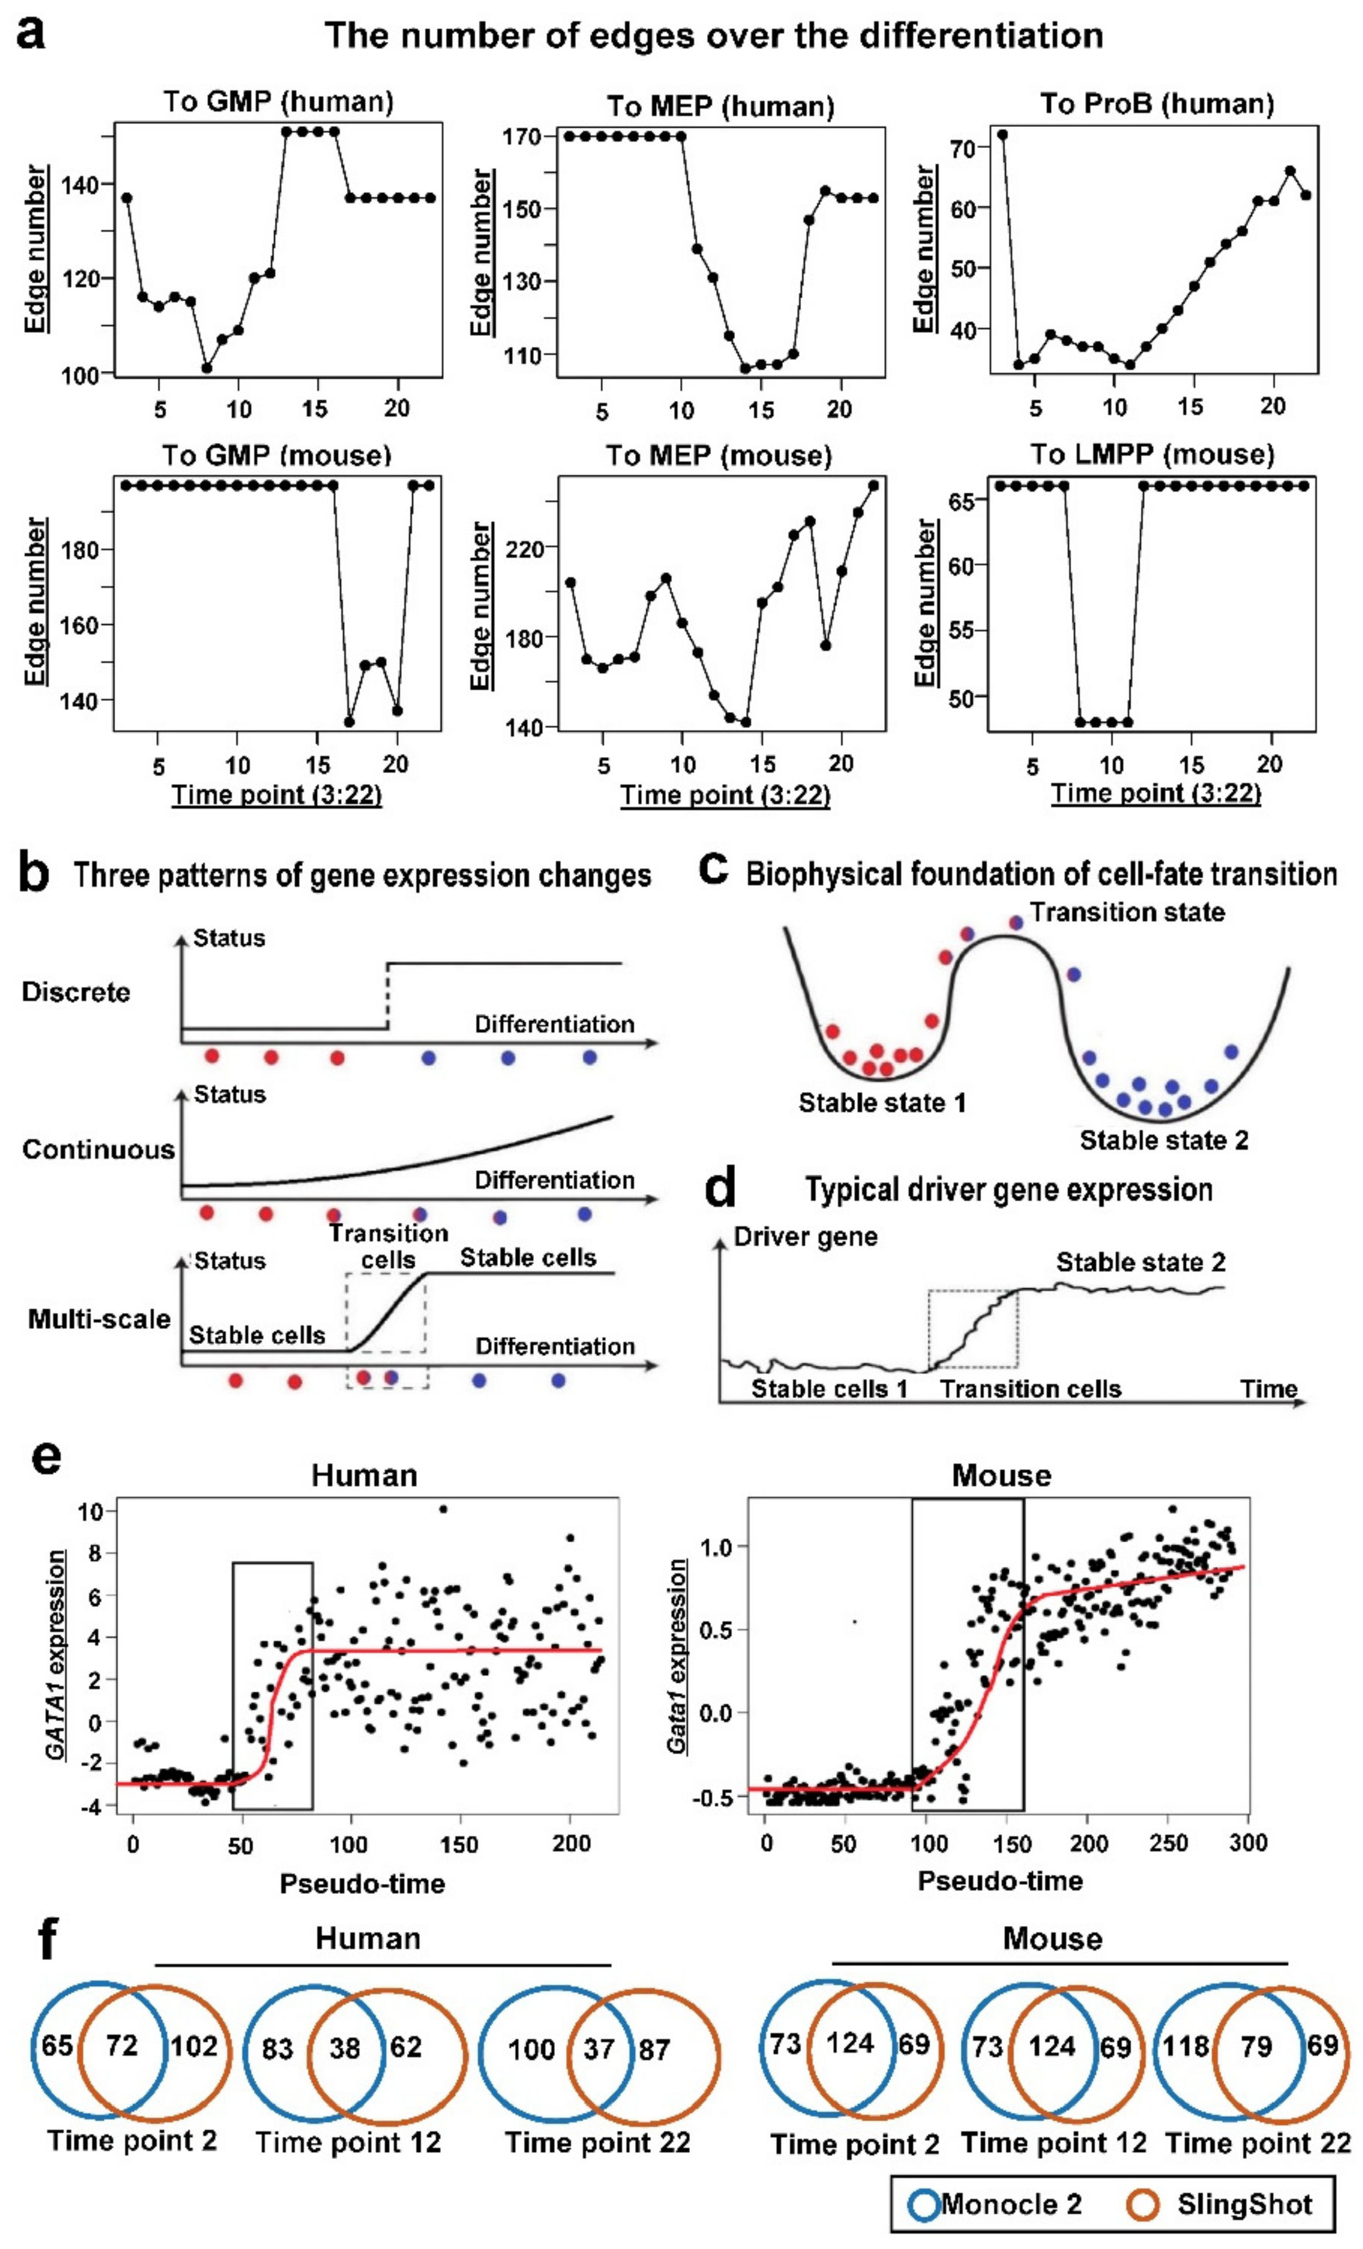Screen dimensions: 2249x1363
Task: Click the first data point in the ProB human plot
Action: (x=1002, y=134)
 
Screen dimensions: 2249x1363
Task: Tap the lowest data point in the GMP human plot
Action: (x=207, y=369)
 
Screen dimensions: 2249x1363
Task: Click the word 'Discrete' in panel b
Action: (x=76, y=992)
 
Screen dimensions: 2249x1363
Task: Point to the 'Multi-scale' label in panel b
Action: (x=99, y=1319)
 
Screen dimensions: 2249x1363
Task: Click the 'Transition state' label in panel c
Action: (x=1127, y=912)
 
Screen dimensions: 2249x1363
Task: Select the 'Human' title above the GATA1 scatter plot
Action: (x=364, y=1476)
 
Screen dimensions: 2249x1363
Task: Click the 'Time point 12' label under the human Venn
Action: (x=347, y=2142)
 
